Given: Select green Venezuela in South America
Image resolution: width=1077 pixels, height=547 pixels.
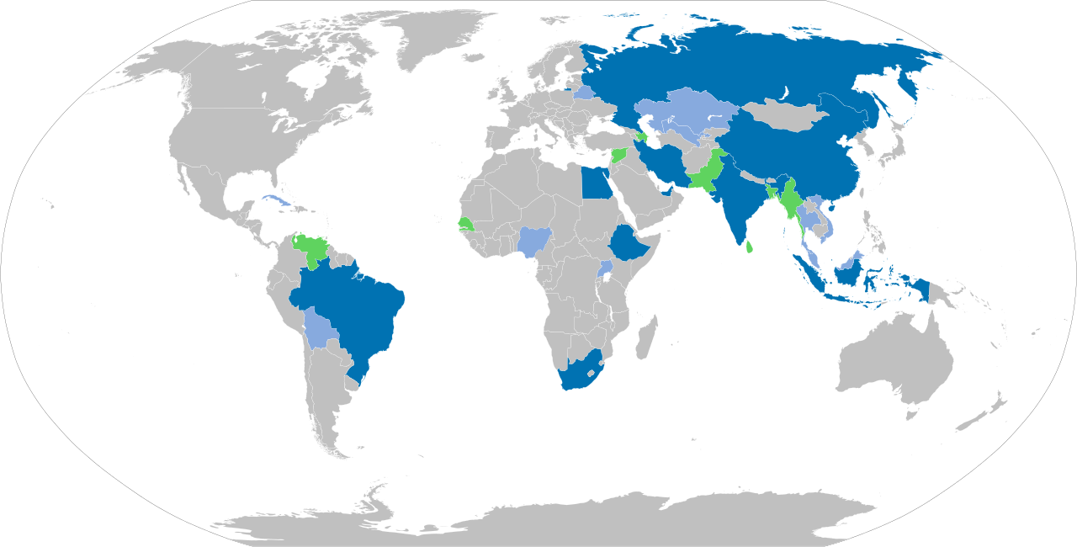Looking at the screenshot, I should [313, 249].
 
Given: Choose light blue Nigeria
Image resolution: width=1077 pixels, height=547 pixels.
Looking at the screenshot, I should [533, 241].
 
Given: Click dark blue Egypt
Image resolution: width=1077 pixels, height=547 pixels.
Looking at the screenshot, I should [597, 182].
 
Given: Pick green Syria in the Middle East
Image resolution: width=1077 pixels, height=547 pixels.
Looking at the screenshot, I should [621, 156].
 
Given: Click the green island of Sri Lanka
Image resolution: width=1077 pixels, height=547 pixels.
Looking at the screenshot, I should [748, 247].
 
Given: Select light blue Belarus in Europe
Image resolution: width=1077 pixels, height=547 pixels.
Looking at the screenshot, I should [582, 92].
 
